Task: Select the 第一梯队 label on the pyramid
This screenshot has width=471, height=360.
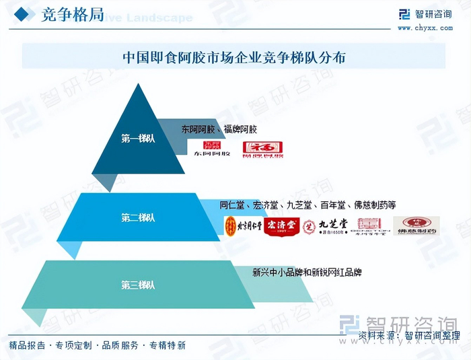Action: coord(138,139)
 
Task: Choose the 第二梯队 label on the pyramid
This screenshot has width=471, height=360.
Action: coord(138,217)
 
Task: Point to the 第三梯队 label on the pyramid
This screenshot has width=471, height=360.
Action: coord(138,285)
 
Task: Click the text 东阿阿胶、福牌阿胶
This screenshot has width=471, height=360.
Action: coord(219,129)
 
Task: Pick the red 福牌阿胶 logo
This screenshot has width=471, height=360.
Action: coord(262,149)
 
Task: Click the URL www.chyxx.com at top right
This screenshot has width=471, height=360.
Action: coord(425,28)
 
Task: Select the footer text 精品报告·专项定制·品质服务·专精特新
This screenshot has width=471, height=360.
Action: coord(97,345)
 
